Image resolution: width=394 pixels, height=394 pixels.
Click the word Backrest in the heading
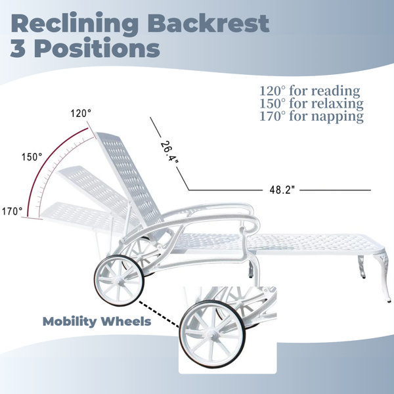coord(209,23)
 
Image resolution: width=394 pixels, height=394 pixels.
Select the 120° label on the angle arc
coord(81,114)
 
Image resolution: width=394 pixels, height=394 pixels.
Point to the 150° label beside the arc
coord(32,157)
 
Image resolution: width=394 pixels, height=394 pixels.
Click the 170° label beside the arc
coord(12,211)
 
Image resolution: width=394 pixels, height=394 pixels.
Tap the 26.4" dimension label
coord(169,152)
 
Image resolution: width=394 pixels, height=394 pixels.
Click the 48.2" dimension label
coord(282,190)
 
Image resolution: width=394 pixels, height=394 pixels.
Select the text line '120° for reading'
coord(309,91)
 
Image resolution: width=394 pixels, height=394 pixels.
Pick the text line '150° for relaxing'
coord(311,104)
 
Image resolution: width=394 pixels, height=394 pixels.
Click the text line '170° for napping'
coord(311,116)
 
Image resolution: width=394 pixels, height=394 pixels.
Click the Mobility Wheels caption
coord(97,322)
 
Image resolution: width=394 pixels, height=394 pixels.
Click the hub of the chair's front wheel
coord(119,280)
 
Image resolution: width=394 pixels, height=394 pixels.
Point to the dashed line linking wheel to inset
coord(159,314)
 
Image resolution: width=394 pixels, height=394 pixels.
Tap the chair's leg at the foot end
coord(383,276)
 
